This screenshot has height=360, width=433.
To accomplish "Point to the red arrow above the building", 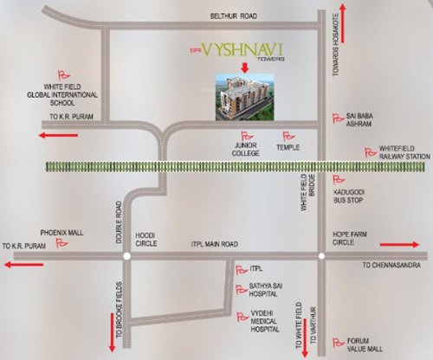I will (245, 67).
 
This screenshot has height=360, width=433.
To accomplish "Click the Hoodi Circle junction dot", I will (126, 255).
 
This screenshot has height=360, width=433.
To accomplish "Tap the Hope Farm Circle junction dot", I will (321, 255).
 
